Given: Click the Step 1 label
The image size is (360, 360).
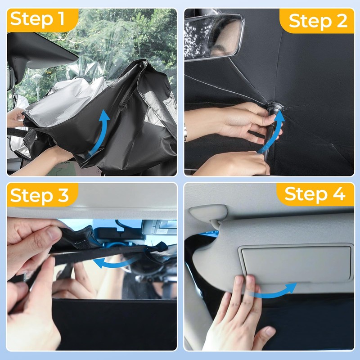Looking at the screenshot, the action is [x=37, y=19].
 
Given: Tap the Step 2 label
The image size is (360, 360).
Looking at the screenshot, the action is [x=318, y=21].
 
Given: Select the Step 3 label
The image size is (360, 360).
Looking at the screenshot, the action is [x=39, y=195].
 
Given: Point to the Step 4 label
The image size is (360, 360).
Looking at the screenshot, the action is [x=315, y=194].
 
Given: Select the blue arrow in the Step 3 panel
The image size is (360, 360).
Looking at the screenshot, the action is [x=115, y=262].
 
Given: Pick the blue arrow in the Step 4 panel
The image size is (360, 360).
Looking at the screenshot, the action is [x=273, y=293].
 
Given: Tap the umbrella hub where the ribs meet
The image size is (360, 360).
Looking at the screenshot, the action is [x=275, y=106].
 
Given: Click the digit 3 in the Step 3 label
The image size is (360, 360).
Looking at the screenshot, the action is [x=63, y=195].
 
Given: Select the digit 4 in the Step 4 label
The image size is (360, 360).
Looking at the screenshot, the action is [x=339, y=194].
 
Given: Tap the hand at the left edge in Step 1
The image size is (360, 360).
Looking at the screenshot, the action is [x=15, y=117].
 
